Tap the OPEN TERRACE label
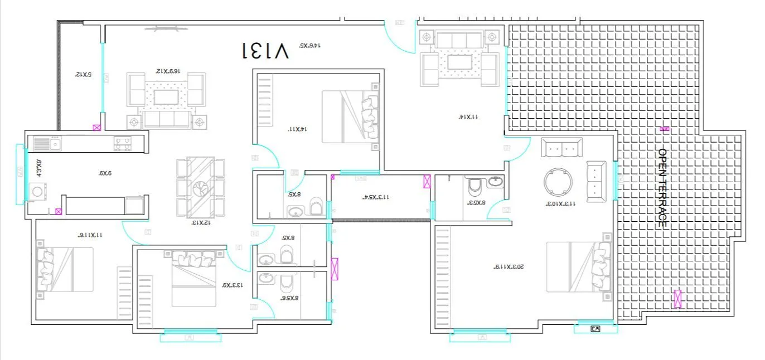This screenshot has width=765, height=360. pyautogui.click(x=662, y=187)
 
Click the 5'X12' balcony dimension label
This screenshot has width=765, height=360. pyautogui.click(x=84, y=74)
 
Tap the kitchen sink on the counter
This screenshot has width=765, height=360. pyautogui.click(x=43, y=144)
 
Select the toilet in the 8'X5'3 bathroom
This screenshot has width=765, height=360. pyautogui.click(x=476, y=188)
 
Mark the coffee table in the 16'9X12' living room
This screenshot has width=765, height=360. pyautogui.click(x=166, y=98)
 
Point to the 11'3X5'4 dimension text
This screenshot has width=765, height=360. pyautogui.click(x=376, y=197)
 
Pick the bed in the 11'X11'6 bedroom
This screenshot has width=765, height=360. pyautogui.click(x=65, y=269)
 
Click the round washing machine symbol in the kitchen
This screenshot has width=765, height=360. pyautogui.click(x=37, y=191)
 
